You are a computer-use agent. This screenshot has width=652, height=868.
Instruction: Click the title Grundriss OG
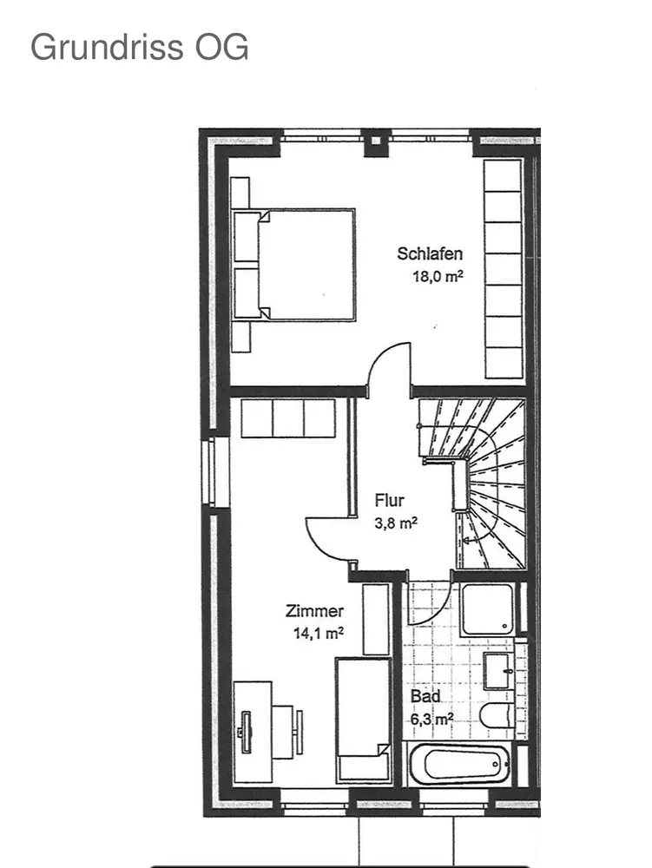[140, 47]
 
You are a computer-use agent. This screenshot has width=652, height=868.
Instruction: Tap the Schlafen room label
[430, 253]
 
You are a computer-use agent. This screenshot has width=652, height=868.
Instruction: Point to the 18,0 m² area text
[438, 276]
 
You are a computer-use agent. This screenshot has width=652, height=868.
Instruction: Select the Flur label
[390, 501]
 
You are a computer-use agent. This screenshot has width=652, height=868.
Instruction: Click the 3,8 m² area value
[396, 523]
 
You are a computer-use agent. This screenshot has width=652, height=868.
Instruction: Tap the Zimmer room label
[314, 610]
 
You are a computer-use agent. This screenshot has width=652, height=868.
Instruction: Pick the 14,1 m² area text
[319, 633]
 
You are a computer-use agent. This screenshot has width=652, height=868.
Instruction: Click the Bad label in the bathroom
[425, 696]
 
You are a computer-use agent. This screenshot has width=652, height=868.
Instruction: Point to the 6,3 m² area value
[431, 719]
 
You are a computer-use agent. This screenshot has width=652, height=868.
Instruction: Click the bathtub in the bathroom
[459, 764]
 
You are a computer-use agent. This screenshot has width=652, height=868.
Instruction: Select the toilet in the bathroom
[497, 716]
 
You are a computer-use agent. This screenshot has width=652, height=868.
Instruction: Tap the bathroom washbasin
[498, 671]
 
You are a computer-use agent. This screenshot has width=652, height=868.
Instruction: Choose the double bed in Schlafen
[293, 265]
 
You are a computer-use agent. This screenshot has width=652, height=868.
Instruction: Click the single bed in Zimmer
[363, 720]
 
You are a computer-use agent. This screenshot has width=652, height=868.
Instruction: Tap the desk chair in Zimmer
[286, 732]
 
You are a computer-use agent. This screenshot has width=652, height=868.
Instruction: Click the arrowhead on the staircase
[466, 540]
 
